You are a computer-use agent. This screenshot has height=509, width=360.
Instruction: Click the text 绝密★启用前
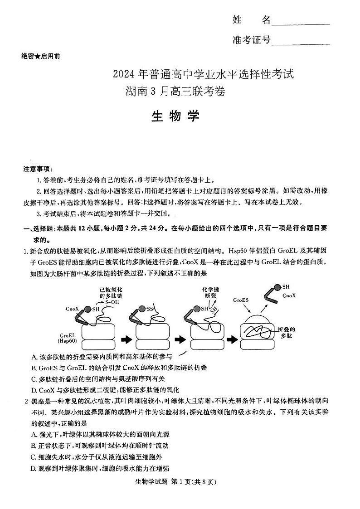pyautogui.click(x=41, y=56)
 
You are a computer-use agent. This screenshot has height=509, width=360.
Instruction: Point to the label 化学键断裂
pyautogui.click(x=210, y=294)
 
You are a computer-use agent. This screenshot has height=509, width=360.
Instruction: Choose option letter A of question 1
pyautogui.click(x=34, y=358)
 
